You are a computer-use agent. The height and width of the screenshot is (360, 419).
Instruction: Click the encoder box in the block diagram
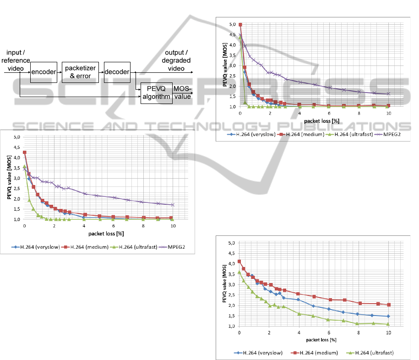point(44,72)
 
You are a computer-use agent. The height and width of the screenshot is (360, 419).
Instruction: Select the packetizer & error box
point(80,72)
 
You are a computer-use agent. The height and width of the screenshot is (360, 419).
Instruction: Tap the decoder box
point(117,72)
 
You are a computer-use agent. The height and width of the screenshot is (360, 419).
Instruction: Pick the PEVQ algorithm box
point(155,93)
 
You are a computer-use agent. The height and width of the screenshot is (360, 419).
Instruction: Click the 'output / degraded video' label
point(176,60)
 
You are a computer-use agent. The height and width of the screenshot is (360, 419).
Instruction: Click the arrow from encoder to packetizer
point(60,72)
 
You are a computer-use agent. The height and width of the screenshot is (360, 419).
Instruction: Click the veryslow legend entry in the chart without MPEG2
point(260,353)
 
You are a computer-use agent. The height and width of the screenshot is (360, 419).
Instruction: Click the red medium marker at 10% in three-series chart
point(388,305)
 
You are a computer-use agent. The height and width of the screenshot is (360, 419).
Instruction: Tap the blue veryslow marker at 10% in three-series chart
point(388,316)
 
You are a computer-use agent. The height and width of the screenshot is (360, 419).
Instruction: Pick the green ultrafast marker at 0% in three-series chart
point(239,272)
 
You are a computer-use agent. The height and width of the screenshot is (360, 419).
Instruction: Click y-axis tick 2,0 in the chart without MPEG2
point(233,305)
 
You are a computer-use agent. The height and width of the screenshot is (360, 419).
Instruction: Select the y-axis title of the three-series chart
point(223,284)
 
